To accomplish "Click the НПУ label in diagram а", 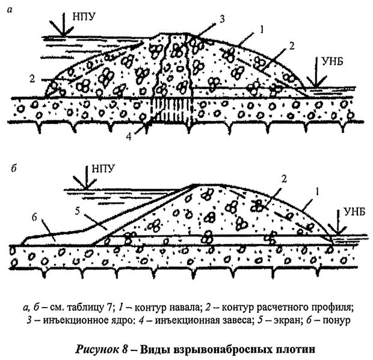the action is [x=84, y=17].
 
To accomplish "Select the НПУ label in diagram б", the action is [x=103, y=169].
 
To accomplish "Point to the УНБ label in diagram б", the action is [x=354, y=211].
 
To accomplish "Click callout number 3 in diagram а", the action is [x=222, y=19].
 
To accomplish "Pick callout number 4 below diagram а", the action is [x=129, y=137].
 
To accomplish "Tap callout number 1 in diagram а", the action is [x=262, y=29].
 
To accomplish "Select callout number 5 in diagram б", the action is [x=78, y=211].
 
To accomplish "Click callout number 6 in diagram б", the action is [x=35, y=217].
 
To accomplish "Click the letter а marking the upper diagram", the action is [x=10, y=10].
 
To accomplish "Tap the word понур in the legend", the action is [x=336, y=321].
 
